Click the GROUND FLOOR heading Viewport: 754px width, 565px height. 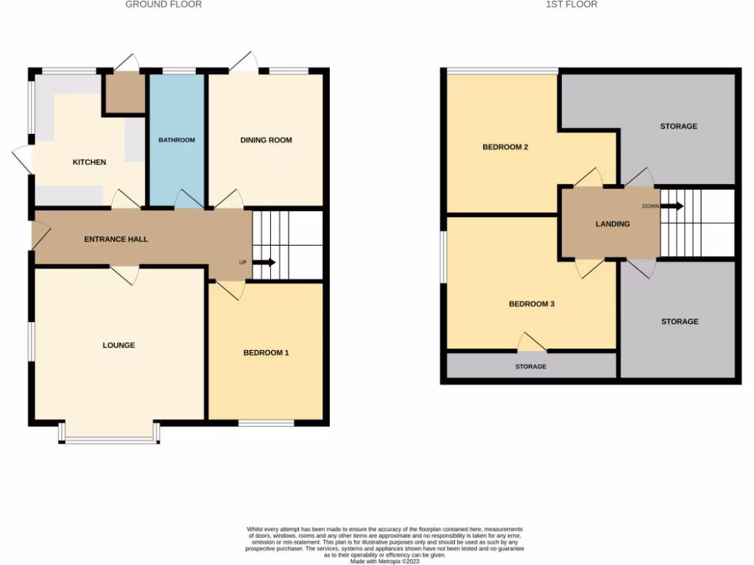pos(163,4)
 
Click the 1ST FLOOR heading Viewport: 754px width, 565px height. pos(571,4)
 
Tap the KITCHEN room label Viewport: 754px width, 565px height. pos(89,162)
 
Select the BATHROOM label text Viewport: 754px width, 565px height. pos(177,140)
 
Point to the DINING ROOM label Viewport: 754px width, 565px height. pos(266,140)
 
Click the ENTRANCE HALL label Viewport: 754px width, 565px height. pos(116,239)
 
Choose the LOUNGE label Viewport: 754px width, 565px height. pos(119,345)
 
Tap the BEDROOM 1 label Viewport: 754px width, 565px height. pos(266,353)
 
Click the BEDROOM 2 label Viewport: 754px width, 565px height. pos(505,147)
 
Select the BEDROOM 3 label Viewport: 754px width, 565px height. pos(531,304)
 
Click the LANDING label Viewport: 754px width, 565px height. pos(613,224)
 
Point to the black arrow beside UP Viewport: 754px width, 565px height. pos(265,262)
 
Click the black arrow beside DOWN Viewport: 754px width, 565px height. pos(672,206)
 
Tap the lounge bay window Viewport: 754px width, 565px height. pos(110,440)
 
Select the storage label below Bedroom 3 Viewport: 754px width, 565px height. pos(531,366)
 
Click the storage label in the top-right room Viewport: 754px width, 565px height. pos(678,127)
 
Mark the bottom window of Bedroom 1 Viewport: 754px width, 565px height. pos(266,423)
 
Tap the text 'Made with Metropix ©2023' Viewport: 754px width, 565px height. pos(384,561)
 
